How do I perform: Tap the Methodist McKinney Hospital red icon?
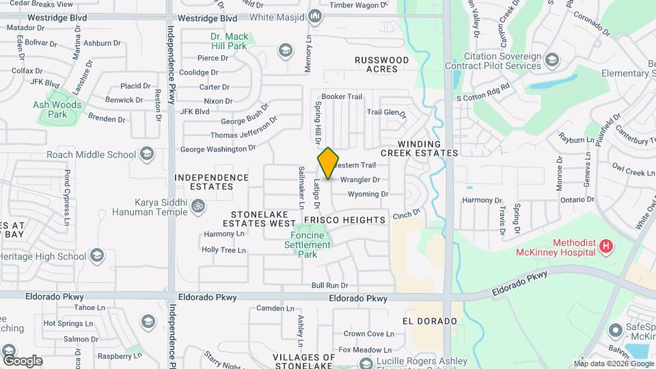pyautogui.click(x=605, y=246)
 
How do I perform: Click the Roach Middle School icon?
pyautogui.click(x=146, y=154)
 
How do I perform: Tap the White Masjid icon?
pyautogui.click(x=314, y=16)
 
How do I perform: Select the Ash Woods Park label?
pyautogui.click(x=57, y=109)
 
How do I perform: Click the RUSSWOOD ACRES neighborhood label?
pyautogui.click(x=381, y=64)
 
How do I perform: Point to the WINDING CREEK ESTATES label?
pyautogui.click(x=428, y=148)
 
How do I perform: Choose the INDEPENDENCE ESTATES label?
pyautogui.click(x=212, y=182)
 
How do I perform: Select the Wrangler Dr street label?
pyautogui.click(x=359, y=180)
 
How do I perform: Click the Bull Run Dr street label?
pyautogui.click(x=329, y=285)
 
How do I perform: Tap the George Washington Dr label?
pyautogui.click(x=217, y=148)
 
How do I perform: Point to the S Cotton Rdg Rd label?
pyautogui.click(x=484, y=93)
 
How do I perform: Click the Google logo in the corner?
pyautogui.click(x=23, y=360)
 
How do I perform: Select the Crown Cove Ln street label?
pyautogui.click(x=369, y=333)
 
